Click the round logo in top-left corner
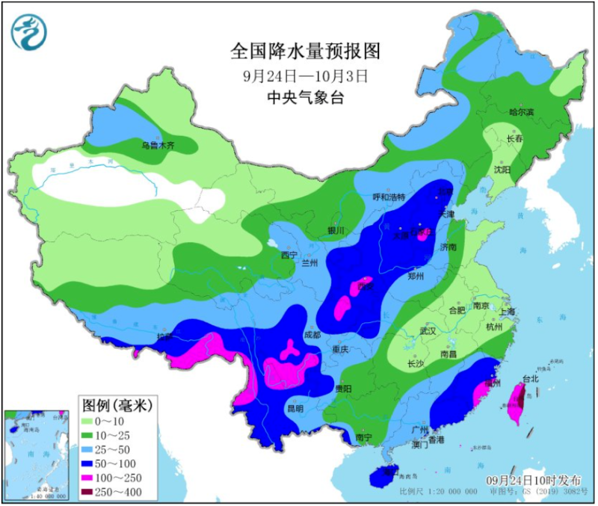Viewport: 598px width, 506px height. click(28, 31)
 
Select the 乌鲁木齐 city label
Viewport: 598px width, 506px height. click(158, 145)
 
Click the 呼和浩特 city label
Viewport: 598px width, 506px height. click(389, 197)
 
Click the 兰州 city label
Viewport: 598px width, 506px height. click(309, 263)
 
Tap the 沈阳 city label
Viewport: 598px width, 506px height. click(502, 170)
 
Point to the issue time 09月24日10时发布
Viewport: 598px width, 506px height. click(533, 479)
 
